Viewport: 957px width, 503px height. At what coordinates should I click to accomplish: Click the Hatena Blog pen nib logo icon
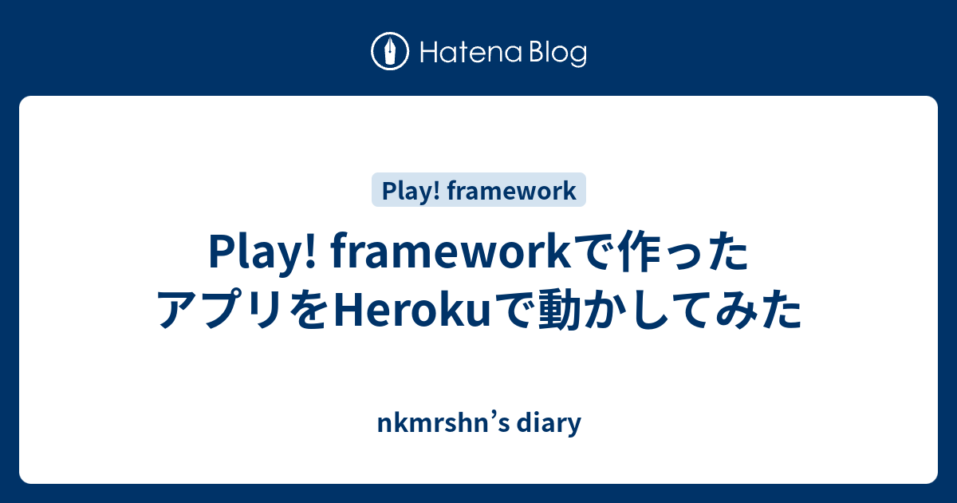(x=390, y=52)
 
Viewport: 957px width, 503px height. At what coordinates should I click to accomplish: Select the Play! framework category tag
(x=478, y=191)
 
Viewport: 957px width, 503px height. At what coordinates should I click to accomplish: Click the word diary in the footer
(x=552, y=423)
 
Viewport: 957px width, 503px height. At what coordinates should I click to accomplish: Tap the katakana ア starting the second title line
(x=179, y=310)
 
